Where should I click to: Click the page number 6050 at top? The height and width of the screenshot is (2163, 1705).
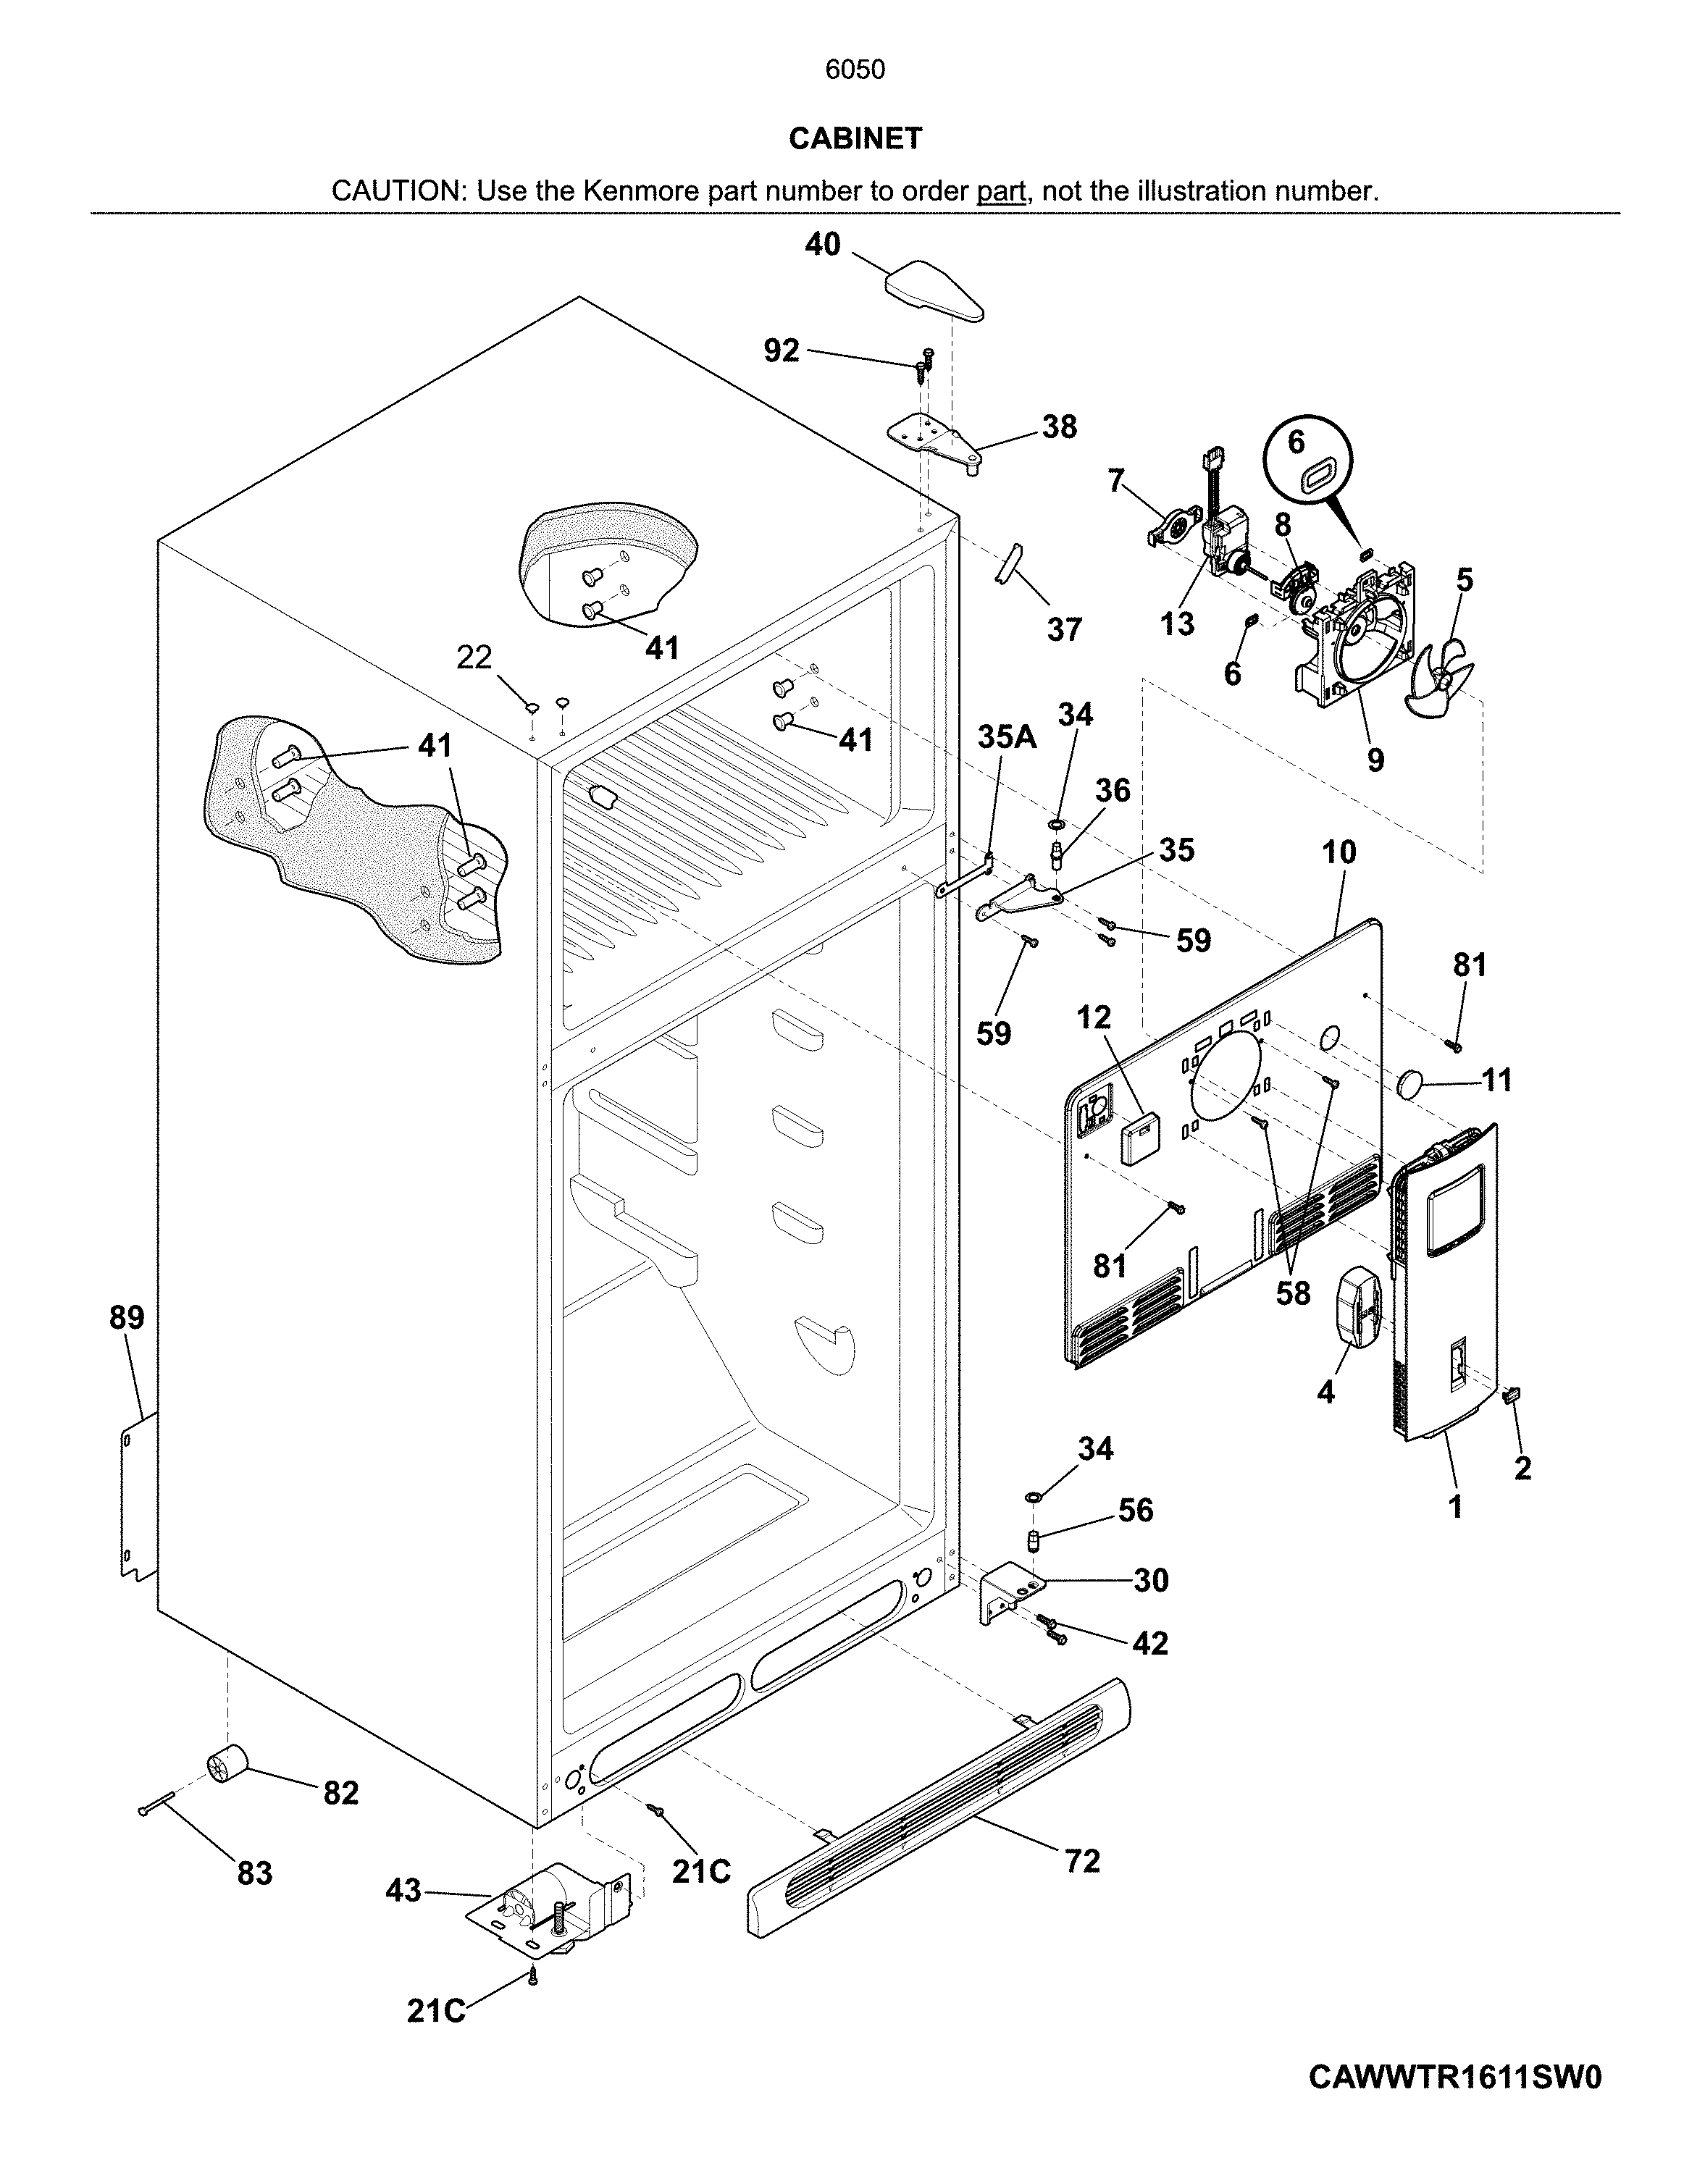(855, 69)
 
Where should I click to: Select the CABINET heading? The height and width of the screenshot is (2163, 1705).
(855, 139)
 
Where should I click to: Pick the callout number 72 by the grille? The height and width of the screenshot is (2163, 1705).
(1082, 1860)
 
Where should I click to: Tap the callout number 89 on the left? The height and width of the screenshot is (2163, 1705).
(127, 1317)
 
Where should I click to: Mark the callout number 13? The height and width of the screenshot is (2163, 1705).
(1177, 624)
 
